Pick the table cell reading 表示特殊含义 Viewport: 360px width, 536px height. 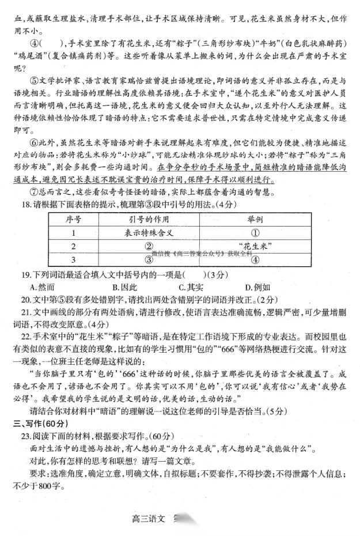click(x=146, y=233)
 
